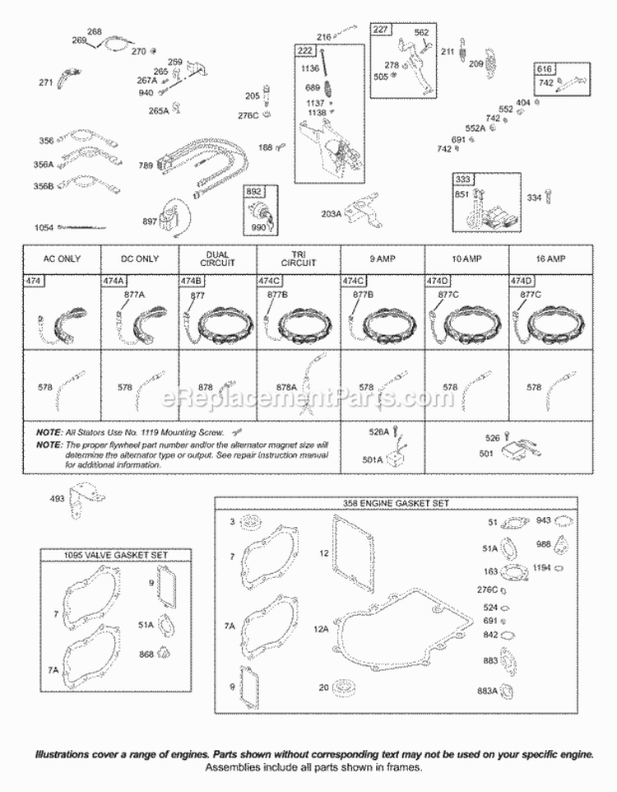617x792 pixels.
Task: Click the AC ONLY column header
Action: [x=62, y=259]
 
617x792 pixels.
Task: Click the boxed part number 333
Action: [x=462, y=179]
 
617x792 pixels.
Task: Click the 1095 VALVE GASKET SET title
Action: [x=115, y=555]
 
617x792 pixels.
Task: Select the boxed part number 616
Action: [x=522, y=69]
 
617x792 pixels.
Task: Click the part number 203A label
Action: [x=331, y=214]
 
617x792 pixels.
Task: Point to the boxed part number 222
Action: [x=306, y=51]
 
